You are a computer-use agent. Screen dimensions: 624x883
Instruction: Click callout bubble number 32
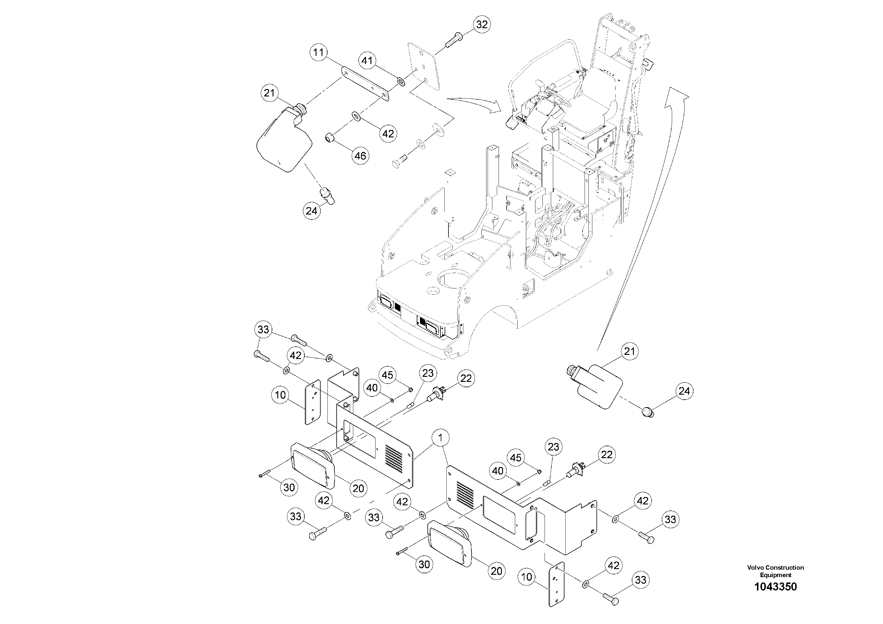(x=481, y=25)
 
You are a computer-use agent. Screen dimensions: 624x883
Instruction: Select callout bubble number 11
(x=319, y=52)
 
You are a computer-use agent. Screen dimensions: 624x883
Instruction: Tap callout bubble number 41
(x=367, y=61)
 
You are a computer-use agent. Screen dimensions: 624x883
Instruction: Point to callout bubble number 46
(x=360, y=156)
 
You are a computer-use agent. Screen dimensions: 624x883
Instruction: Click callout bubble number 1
(x=441, y=437)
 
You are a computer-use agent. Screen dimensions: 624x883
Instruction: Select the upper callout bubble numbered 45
(x=388, y=375)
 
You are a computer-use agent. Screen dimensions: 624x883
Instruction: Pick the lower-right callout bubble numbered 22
(x=607, y=455)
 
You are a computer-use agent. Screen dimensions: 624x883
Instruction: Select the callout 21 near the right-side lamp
(x=629, y=352)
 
